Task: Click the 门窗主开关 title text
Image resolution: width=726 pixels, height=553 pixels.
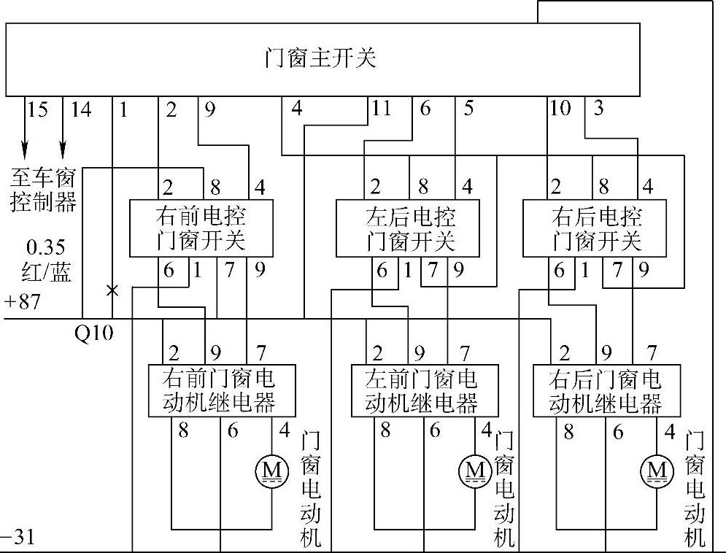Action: pos(320,58)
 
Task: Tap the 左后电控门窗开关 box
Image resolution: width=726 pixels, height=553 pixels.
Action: pos(410,228)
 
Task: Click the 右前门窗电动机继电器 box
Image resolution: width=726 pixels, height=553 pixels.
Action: pos(221,390)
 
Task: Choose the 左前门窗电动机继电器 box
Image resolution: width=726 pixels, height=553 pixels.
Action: pos(424,390)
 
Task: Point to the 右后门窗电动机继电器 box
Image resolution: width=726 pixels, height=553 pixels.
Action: pos(606,390)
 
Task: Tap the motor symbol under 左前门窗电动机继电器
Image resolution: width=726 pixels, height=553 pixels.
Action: pos(475,468)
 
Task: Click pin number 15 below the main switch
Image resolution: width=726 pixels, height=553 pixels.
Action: pos(37,110)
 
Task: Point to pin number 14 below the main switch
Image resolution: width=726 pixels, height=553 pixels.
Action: pos(80,110)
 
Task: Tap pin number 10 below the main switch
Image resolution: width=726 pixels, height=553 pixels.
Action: pos(560,109)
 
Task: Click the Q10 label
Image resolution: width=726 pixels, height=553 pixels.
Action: pos(94,333)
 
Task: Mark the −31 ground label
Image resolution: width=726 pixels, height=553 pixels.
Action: pos(18,539)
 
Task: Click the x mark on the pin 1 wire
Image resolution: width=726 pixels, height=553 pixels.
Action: pos(112,290)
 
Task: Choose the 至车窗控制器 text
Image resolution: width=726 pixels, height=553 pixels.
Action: pos(44,189)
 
